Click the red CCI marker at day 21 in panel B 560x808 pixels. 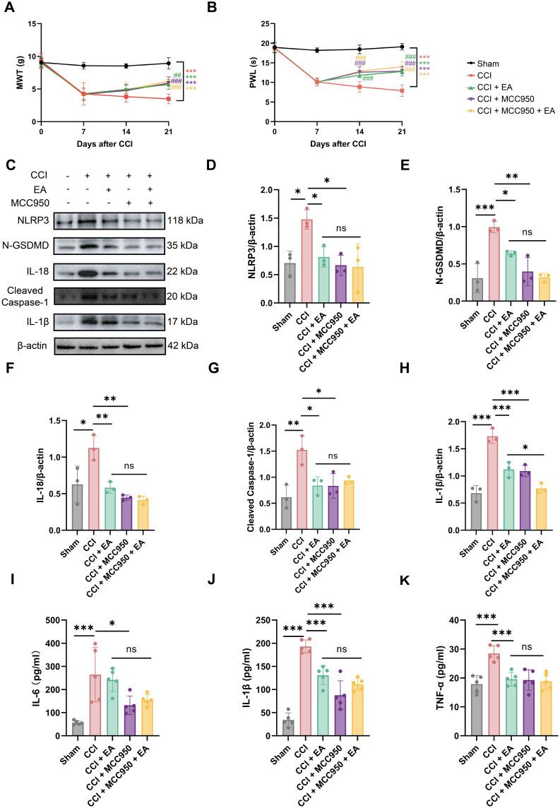click(x=402, y=90)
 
